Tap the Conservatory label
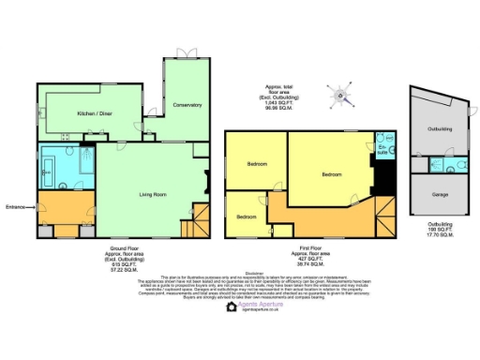point(187,105)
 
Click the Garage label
point(439,195)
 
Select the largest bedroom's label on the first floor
point(332,174)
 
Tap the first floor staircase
point(381,217)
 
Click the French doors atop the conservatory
point(191,51)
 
